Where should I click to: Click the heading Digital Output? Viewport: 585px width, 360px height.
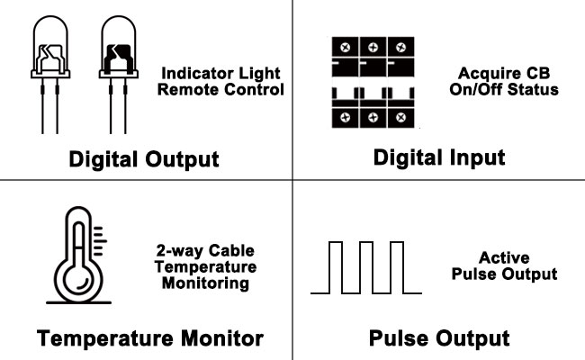coord(145,160)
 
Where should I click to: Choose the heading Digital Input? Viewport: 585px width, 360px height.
coord(439,157)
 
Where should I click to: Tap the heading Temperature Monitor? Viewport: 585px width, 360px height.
coord(150,338)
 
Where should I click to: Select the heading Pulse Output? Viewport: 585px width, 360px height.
coord(439,338)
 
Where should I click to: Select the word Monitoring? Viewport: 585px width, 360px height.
coord(204,283)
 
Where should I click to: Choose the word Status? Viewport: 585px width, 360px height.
coord(535,89)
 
